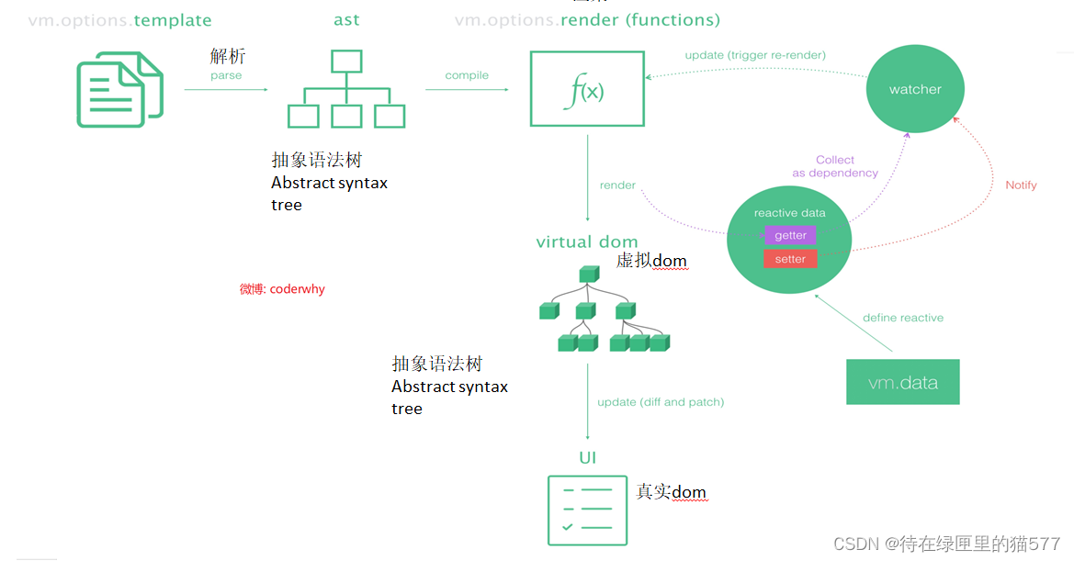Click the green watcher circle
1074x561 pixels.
pos(915,89)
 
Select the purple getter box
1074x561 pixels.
pos(790,235)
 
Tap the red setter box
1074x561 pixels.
pos(790,259)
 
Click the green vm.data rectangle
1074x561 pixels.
pos(902,382)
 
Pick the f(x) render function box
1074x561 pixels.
pos(587,89)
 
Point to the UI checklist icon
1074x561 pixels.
pos(587,510)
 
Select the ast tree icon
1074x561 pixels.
pos(346,89)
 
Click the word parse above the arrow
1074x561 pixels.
pos(226,75)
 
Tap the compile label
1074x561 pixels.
pos(467,75)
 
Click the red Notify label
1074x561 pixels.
pos(1021,185)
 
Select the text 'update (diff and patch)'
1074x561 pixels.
pos(661,402)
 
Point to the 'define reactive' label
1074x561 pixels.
pos(902,318)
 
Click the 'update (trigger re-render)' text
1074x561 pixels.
pos(755,55)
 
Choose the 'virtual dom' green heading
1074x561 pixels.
pos(587,242)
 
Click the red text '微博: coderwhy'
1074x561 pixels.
pos(282,289)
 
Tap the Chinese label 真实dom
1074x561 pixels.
pos(671,493)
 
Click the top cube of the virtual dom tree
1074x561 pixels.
pos(588,275)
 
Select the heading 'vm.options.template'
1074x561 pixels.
pos(119,20)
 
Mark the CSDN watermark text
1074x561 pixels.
pos(946,544)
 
